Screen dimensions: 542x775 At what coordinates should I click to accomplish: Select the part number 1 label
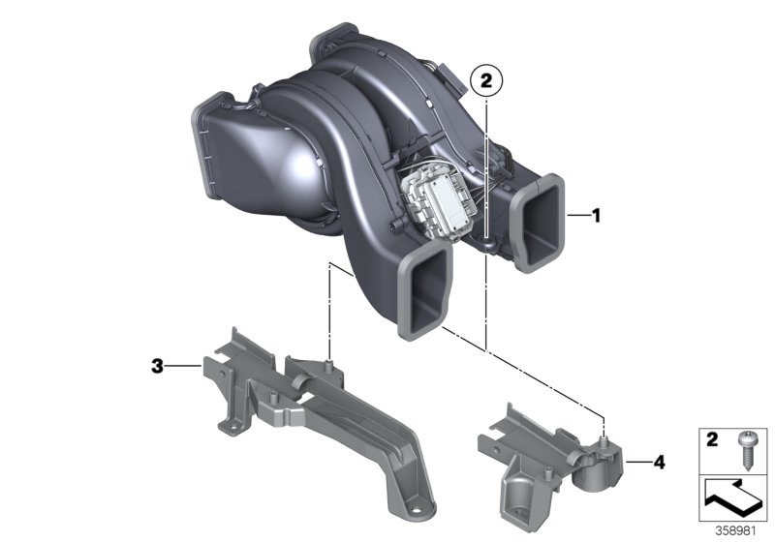(x=596, y=216)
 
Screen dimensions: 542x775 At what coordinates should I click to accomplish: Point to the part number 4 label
(x=659, y=463)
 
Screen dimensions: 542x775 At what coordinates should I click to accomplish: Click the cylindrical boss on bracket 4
(x=598, y=467)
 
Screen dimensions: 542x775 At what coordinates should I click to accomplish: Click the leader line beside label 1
(x=577, y=216)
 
